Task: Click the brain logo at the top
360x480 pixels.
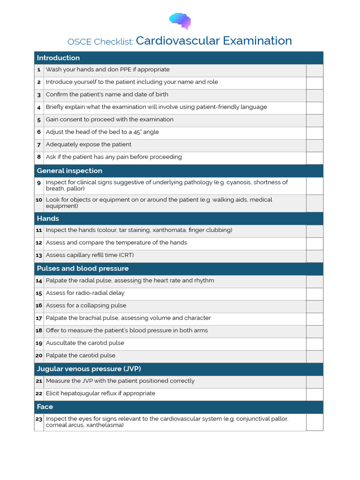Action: tap(180, 21)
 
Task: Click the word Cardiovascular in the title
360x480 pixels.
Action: tap(178, 41)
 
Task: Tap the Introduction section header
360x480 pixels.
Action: tap(58, 58)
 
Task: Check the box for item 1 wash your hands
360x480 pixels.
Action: tap(315, 70)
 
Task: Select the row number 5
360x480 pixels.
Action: tap(39, 120)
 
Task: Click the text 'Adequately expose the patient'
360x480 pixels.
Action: tap(89, 144)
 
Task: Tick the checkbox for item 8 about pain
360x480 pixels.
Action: tap(315, 157)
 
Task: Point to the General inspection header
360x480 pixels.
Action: tap(69, 171)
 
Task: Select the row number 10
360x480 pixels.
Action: tap(39, 200)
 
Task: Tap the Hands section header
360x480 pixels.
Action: tap(48, 218)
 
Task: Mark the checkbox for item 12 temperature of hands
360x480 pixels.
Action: tap(315, 243)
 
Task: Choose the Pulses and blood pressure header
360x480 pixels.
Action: tap(82, 269)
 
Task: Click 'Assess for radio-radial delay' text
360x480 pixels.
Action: tap(85, 293)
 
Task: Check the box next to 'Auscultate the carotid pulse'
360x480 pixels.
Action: tap(315, 344)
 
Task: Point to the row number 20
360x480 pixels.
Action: tap(39, 356)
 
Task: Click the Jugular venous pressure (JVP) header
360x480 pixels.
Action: tap(89, 369)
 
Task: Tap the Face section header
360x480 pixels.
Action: tap(45, 406)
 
